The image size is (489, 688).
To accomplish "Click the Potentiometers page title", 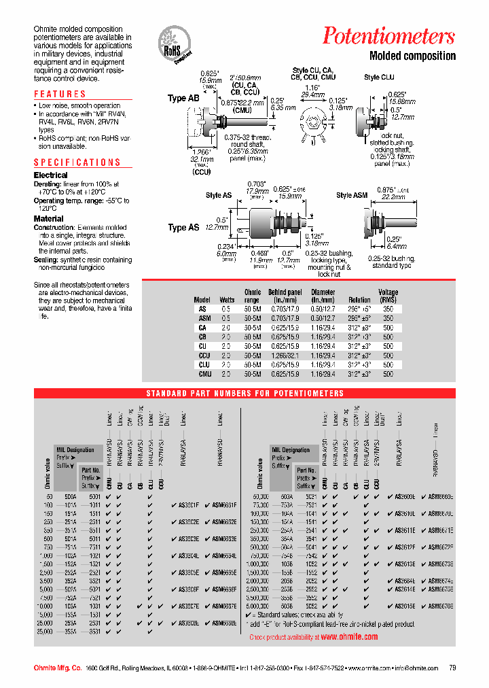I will (x=388, y=35).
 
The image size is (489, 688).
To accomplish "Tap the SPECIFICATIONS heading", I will (x=77, y=162).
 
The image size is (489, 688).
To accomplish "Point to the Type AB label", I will (x=183, y=99).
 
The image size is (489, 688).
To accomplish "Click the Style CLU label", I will (x=379, y=78).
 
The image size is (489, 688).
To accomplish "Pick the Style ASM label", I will (x=352, y=196).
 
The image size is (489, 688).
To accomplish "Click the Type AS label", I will (x=183, y=227).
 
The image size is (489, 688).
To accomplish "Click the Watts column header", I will (x=227, y=299).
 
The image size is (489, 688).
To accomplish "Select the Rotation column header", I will (x=359, y=299).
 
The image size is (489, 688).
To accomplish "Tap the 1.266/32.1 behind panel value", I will (x=285, y=355).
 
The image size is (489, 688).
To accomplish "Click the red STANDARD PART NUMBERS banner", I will (x=245, y=394).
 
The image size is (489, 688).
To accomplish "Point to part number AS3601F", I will (x=188, y=504).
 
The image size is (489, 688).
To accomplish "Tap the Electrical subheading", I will (x=51, y=175).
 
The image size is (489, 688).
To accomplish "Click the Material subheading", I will (x=49, y=219).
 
